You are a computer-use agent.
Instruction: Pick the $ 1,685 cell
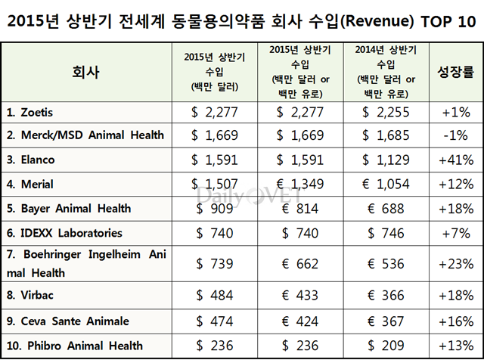pyautogui.click(x=388, y=136)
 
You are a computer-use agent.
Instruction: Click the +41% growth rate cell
pyautogui.click(x=455, y=160)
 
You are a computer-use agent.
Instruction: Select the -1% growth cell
pyautogui.click(x=455, y=136)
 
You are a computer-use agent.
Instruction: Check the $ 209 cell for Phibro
pyautogui.click(x=388, y=346)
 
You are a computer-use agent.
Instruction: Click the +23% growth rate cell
pyautogui.click(x=455, y=262)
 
